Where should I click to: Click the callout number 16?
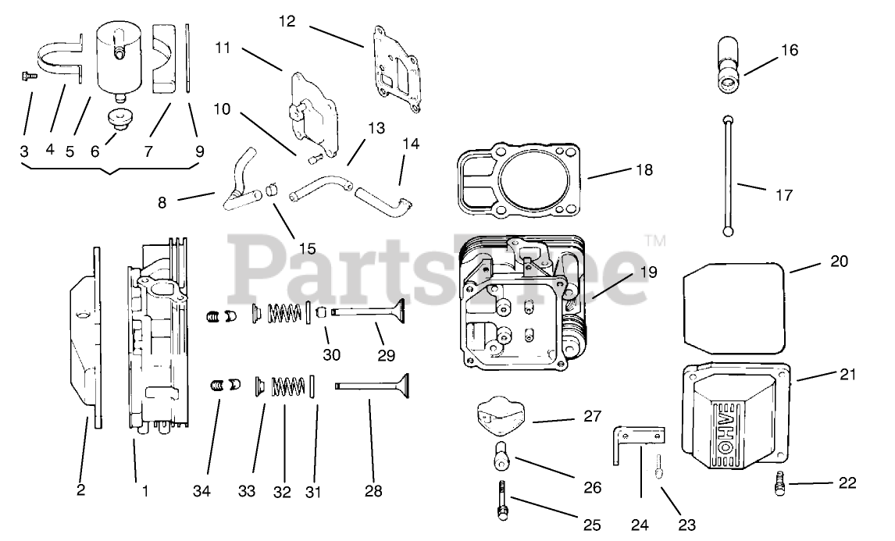(789, 51)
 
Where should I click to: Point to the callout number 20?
(838, 262)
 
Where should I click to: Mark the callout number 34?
(203, 493)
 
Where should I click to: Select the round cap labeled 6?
(119, 121)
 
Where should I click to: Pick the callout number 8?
(162, 201)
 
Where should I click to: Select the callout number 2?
(80, 490)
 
